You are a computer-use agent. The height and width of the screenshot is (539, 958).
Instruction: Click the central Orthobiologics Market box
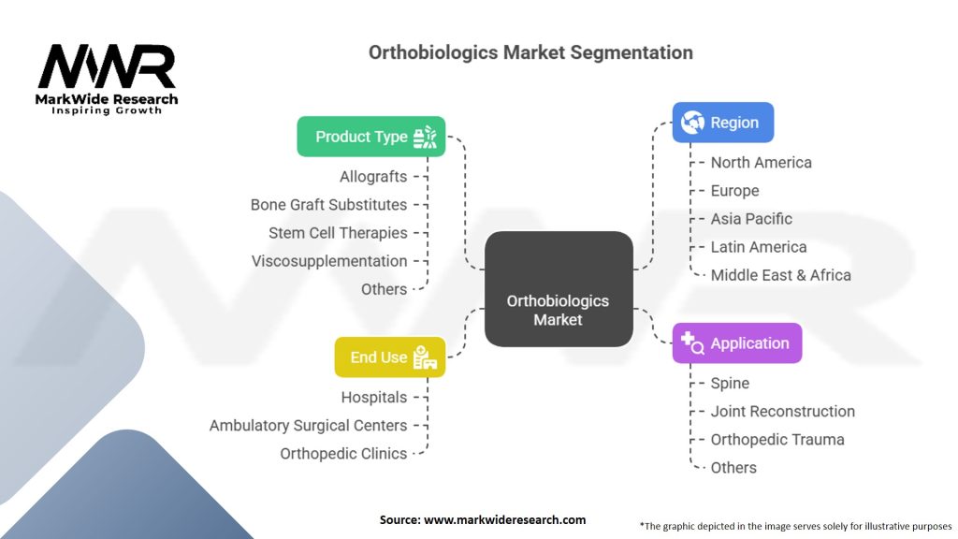pos(558,289)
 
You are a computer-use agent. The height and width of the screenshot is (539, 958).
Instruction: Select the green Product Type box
pos(370,137)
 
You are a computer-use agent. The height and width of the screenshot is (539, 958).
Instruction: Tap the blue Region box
pos(722,123)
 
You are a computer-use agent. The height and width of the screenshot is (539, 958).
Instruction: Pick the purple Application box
pos(736,343)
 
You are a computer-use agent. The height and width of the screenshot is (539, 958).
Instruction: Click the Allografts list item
pos(373,177)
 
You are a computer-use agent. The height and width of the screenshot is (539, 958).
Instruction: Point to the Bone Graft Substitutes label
pos(328,205)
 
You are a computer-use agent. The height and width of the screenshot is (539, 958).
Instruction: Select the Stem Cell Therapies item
pos(338,233)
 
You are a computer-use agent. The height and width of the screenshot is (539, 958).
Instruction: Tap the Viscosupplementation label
pos(329,261)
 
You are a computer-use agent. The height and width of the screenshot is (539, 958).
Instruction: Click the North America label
pos(761,163)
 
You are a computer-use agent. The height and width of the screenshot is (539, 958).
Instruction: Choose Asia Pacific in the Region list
pos(751,219)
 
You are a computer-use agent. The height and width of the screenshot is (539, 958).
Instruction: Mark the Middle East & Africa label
pos(780,275)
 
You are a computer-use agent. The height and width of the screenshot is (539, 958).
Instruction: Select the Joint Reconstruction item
pos(782,412)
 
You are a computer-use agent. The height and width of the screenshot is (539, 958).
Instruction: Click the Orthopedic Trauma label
pos(777,440)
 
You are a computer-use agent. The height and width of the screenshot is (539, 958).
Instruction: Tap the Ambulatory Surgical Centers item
pos(308,426)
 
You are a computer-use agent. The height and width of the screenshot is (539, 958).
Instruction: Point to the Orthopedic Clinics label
pos(343,454)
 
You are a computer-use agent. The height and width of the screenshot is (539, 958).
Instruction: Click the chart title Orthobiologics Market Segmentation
pos(530,52)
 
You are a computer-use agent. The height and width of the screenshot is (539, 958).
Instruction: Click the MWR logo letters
pos(106,68)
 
